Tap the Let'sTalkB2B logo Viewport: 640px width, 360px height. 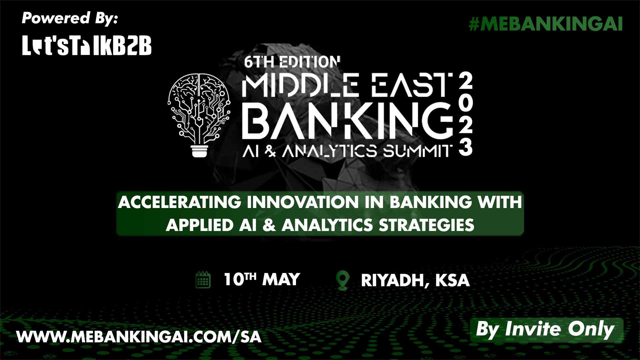click(87, 45)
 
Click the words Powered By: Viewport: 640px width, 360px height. click(70, 18)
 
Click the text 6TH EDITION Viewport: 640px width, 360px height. click(292, 62)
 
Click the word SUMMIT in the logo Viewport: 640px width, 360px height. click(417, 151)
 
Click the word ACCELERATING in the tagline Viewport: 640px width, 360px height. click(179, 202)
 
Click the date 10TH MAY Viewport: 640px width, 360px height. click(262, 279)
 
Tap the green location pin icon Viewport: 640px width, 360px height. click(343, 281)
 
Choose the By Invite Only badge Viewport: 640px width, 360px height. click(546, 330)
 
